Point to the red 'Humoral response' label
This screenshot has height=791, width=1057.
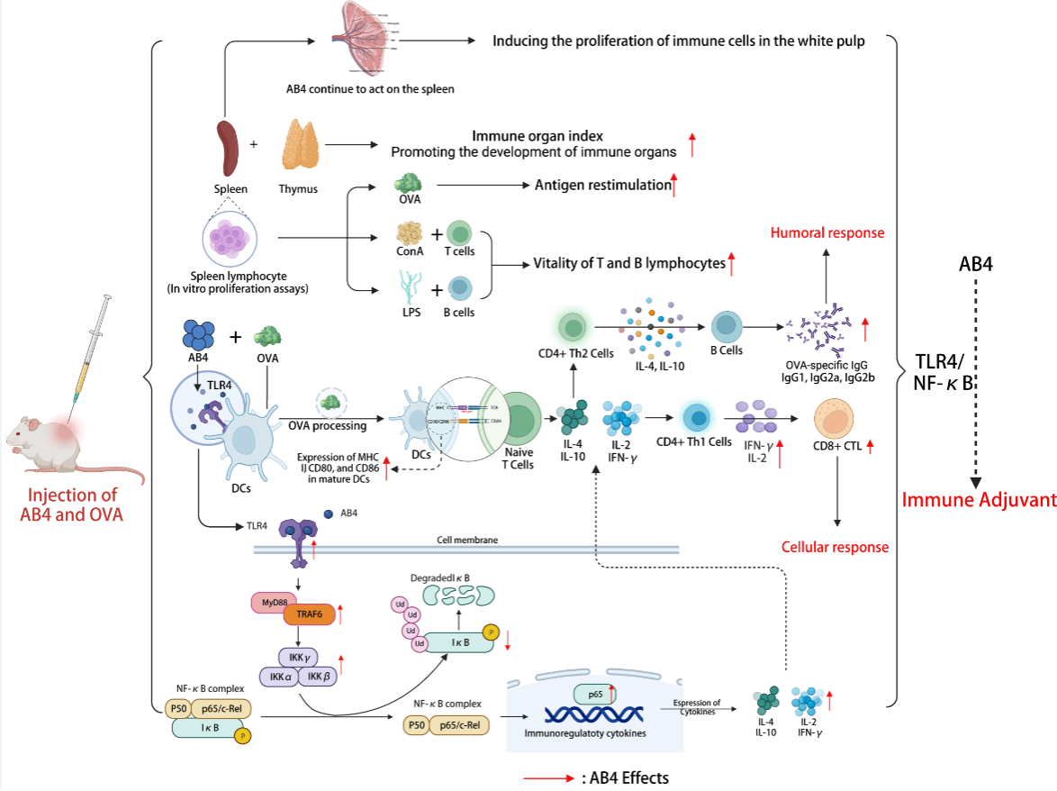point(827,233)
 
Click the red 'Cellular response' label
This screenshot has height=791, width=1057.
point(835,547)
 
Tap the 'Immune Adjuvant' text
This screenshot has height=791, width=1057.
point(979,500)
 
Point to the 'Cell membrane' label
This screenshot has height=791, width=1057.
point(467,540)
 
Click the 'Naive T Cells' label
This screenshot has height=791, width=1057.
point(519,459)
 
